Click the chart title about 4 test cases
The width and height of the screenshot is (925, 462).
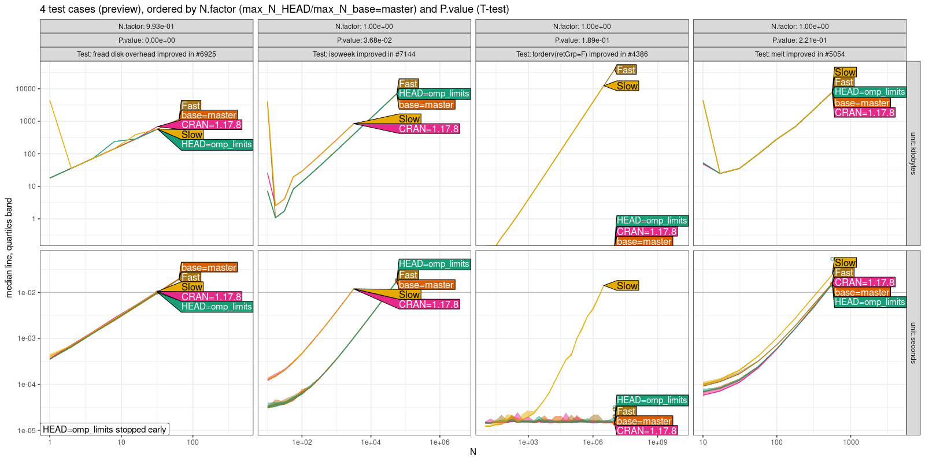[274, 9]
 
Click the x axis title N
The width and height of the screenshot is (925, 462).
[473, 452]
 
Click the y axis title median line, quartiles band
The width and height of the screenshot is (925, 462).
[9, 248]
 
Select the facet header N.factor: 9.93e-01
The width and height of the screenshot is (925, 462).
[146, 27]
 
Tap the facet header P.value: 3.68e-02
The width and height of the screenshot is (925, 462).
[364, 40]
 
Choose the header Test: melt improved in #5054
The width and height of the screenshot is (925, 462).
[800, 54]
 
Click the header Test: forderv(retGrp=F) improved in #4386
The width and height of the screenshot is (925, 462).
[582, 54]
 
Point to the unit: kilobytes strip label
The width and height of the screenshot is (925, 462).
[913, 154]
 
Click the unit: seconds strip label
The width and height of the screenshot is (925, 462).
[913, 342]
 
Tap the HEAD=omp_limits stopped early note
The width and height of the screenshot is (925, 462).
[105, 429]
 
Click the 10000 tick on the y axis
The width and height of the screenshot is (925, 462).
[25, 89]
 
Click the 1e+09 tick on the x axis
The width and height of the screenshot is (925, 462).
[657, 442]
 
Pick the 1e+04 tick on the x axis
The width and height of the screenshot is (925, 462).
[371, 442]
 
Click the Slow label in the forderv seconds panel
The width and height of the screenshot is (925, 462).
[627, 286]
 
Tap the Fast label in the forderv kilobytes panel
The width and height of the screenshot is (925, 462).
[626, 70]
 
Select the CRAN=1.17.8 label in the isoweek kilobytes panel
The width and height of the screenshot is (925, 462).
[428, 129]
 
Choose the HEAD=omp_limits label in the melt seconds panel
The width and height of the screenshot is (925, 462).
[869, 302]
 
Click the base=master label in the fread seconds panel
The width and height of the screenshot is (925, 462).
[208, 267]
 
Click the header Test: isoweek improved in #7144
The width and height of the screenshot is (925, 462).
[364, 54]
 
